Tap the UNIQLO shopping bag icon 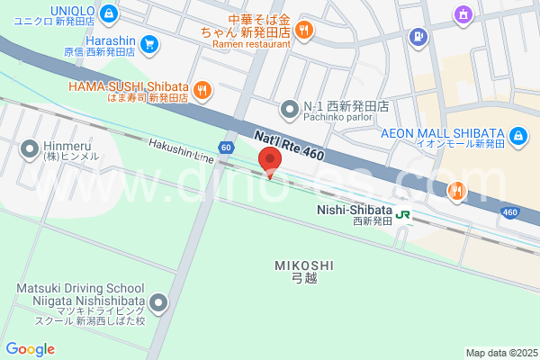pyautogui.click(x=108, y=13)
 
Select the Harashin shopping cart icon pyautogui.click(x=149, y=41)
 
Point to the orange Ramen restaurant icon pyautogui.click(x=304, y=30)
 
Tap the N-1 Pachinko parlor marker pyautogui.click(x=289, y=108)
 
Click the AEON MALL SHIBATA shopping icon pyautogui.click(x=518, y=136)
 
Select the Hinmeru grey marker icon pyautogui.click(x=29, y=148)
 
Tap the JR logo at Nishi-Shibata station pyautogui.click(x=403, y=215)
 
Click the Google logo pyautogui.click(x=31, y=349)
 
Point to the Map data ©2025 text pyautogui.click(x=500, y=353)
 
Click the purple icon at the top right pyautogui.click(x=463, y=13)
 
